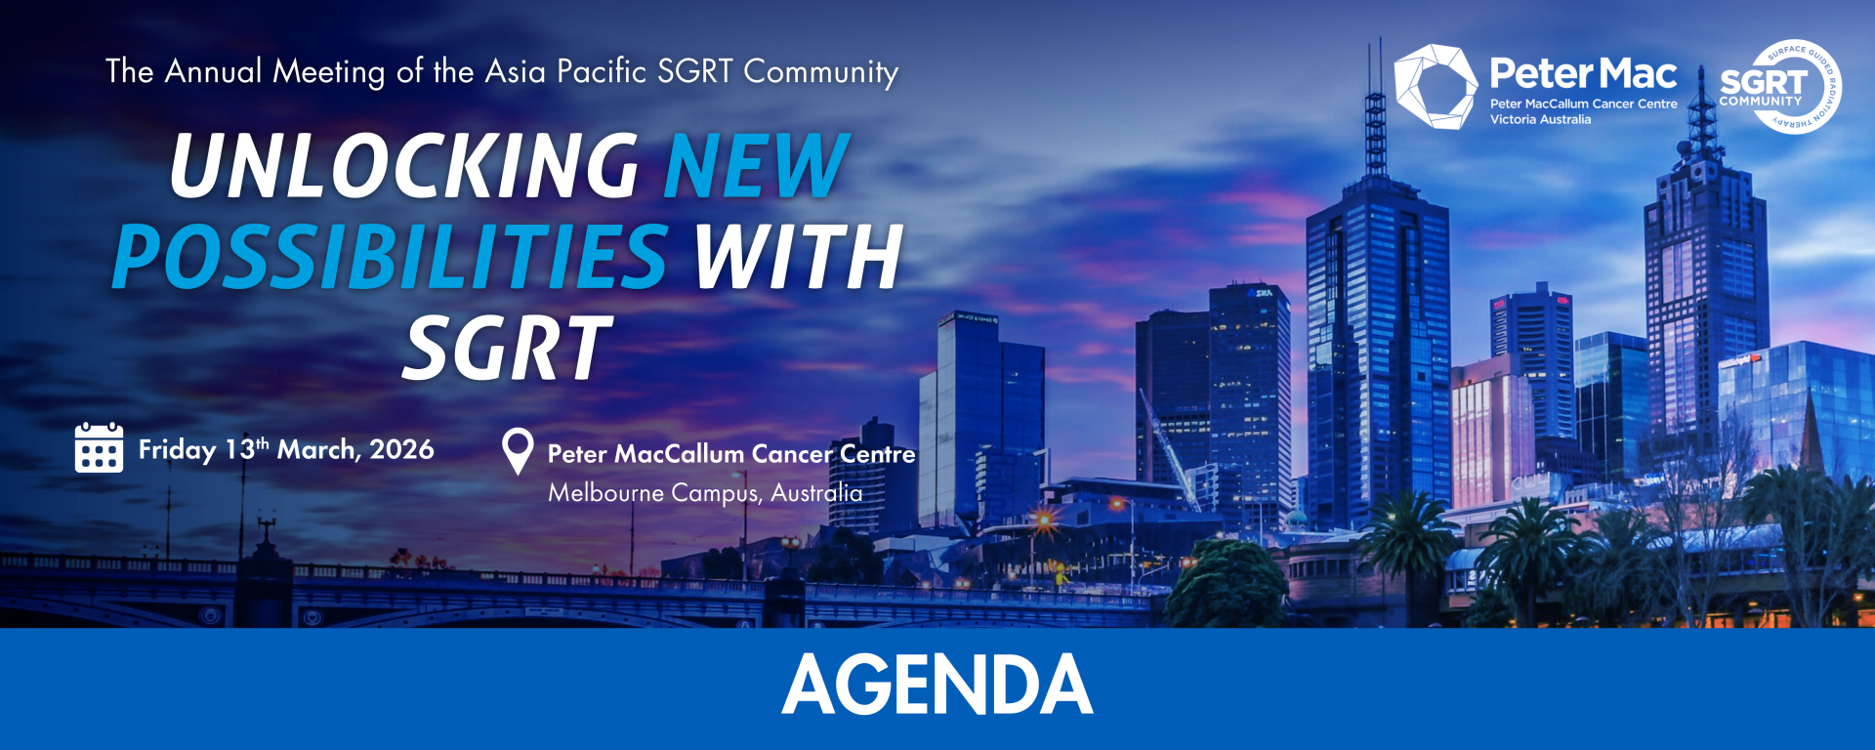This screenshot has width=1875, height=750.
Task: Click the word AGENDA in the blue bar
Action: pos(937,685)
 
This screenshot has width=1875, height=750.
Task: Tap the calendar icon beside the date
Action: pos(99,447)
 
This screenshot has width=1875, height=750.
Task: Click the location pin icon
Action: pos(518,451)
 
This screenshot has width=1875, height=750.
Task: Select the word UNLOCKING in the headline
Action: pos(404,166)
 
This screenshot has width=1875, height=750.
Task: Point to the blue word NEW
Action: pos(757,166)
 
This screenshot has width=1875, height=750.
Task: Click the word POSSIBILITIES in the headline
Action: pos(391,257)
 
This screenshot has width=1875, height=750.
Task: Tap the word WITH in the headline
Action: pos(798,257)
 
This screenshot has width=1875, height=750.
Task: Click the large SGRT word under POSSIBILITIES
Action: pos(508,348)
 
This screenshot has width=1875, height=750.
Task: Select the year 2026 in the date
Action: pos(401,449)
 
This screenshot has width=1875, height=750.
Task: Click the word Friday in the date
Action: pos(177,450)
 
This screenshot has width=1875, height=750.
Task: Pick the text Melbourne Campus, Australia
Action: pos(705,493)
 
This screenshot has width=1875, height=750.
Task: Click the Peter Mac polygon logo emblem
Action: pos(1436,86)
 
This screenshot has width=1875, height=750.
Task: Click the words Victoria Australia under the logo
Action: pos(1540,119)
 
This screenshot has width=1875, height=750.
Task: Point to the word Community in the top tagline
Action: pos(821,72)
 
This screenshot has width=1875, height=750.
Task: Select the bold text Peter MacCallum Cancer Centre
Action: pos(731,454)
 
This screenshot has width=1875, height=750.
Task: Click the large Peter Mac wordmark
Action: pos(1583,73)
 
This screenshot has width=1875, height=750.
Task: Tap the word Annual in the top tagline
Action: pos(214,71)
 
